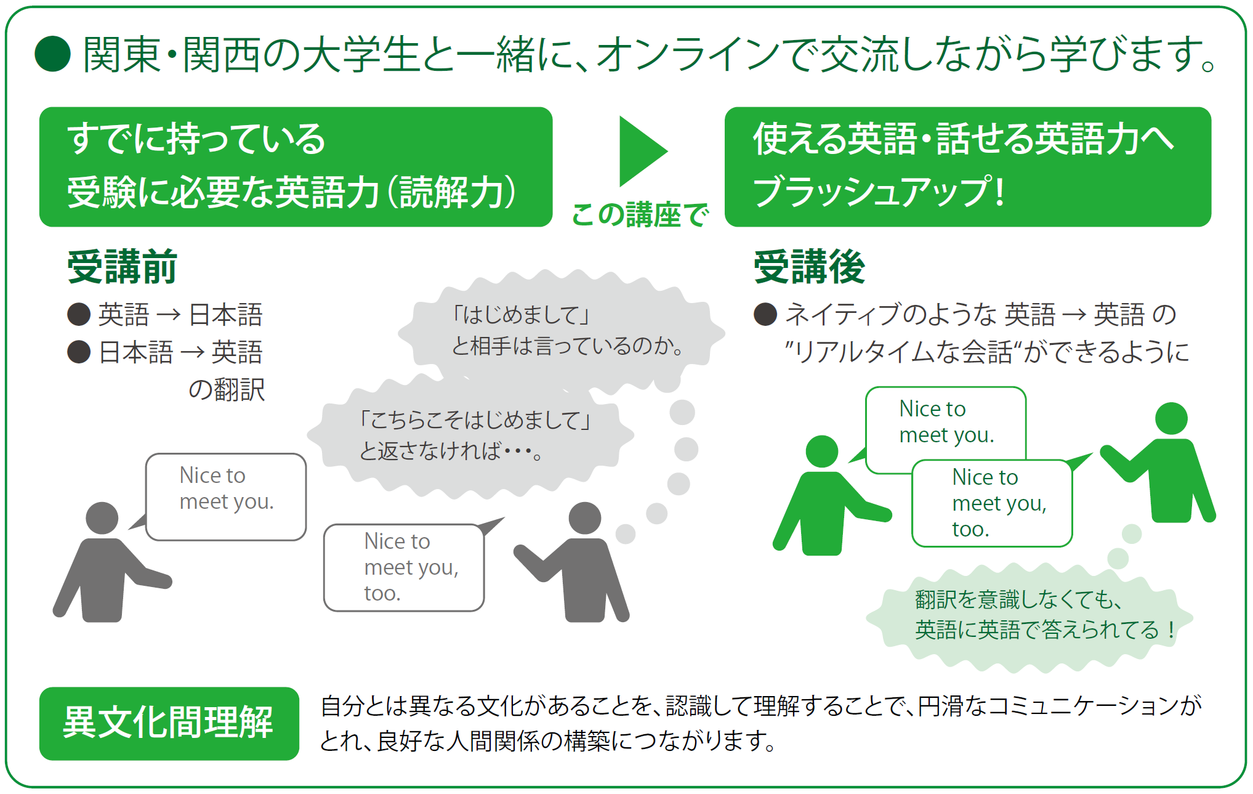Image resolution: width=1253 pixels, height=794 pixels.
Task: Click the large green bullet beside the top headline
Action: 53,54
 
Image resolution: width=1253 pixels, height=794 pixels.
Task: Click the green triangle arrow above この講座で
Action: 642,151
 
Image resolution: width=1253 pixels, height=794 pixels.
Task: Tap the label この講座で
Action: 640,215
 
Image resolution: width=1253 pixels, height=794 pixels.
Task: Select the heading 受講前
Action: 122,267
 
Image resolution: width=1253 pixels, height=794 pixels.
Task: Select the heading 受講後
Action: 809,267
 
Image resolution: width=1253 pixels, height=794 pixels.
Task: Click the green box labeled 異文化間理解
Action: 169,723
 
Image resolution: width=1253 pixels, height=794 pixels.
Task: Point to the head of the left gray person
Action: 102,518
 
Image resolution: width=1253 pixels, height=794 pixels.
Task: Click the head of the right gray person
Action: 585,518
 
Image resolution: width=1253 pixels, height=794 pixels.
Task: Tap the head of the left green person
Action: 822,452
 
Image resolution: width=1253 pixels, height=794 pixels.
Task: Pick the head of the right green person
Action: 1171,419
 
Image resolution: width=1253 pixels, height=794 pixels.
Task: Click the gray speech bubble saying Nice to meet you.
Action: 225,496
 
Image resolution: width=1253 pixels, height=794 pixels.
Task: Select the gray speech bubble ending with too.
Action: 405,567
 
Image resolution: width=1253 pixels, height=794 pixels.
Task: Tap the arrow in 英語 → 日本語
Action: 168,315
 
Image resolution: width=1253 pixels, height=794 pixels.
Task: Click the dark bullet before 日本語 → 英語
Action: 79,352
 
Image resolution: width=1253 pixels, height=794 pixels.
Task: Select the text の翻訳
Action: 227,390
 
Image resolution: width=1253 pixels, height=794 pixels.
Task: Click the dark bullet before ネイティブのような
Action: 765,314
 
